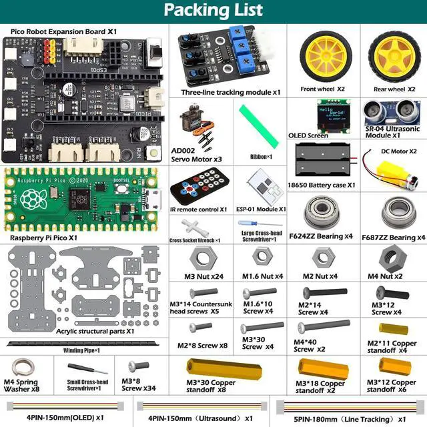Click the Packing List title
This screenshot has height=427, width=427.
pos(213,11)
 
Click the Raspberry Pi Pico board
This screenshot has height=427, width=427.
pos(83,199)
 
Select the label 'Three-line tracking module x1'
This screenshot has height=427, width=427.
pos(231,92)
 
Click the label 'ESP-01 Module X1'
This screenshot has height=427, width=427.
pos(261,208)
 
